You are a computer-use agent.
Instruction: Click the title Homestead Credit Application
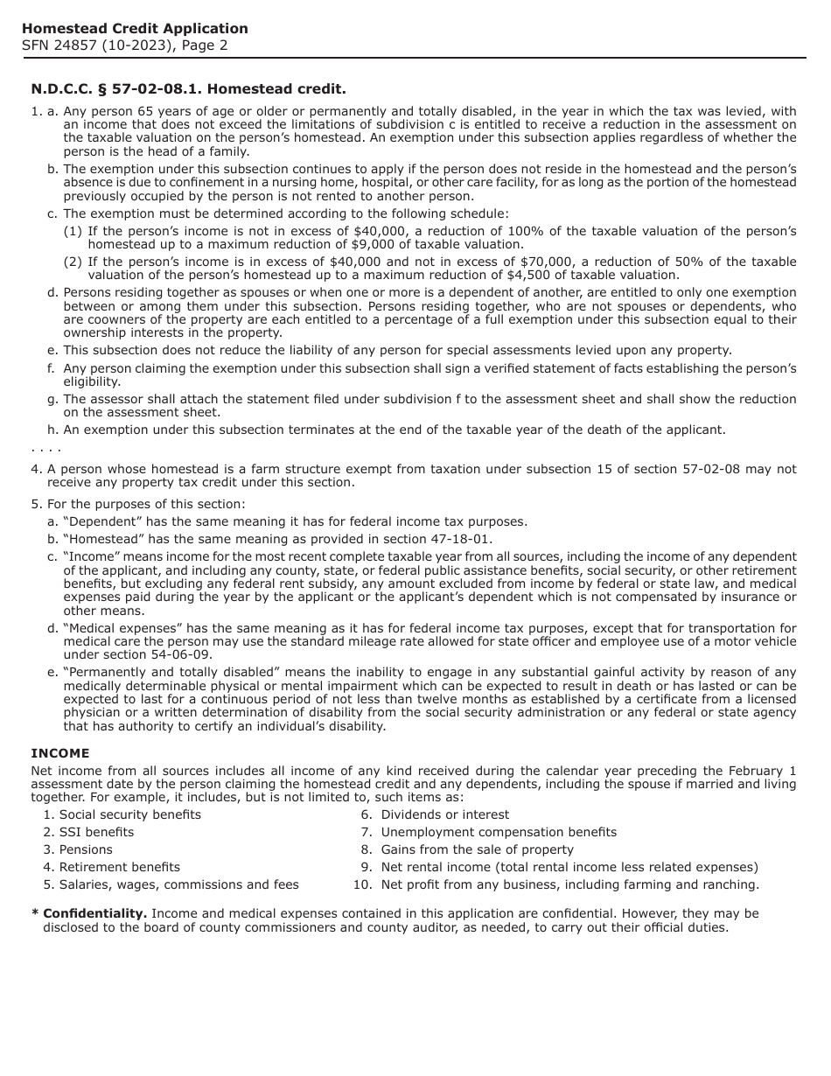135,29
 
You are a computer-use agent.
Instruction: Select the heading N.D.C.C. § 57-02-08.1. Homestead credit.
188,89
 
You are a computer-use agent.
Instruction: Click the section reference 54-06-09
182,654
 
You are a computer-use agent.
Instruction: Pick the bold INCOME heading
60,753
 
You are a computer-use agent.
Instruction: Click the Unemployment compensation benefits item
499,832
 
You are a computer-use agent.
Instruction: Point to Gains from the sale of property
477,849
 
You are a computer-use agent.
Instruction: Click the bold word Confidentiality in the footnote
94,913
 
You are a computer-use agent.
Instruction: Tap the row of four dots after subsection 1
45,450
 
